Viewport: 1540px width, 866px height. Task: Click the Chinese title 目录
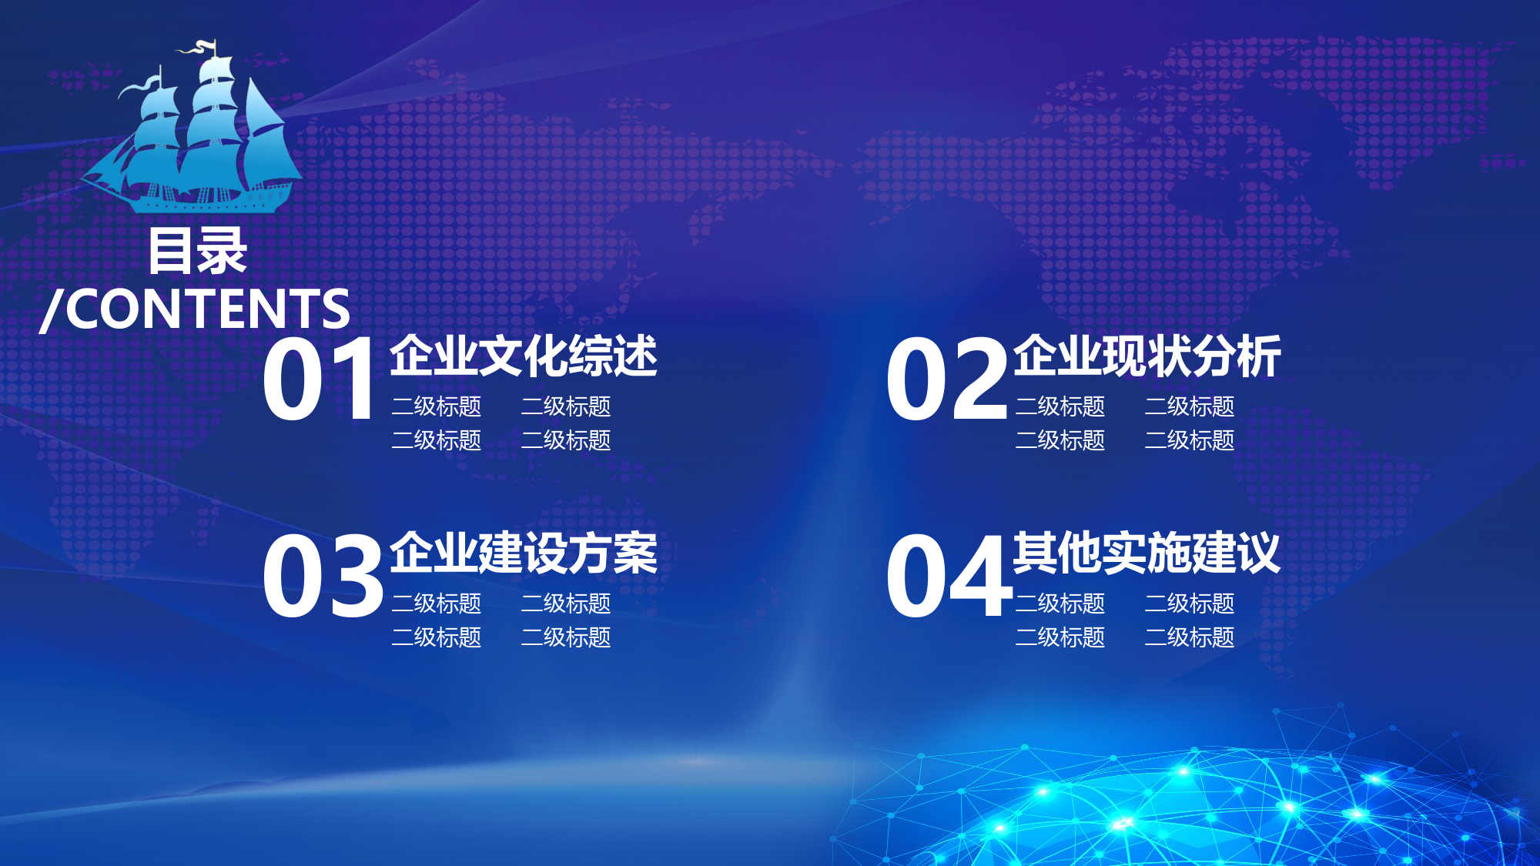pyautogui.click(x=198, y=251)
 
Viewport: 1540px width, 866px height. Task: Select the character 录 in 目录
pyautogui.click(x=223, y=251)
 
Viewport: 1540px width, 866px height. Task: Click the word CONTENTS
pyautogui.click(x=208, y=309)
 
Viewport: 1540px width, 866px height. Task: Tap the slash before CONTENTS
pyautogui.click(x=51, y=310)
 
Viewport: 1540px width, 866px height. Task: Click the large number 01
pyautogui.click(x=319, y=379)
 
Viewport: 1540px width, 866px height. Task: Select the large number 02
pyautogui.click(x=946, y=379)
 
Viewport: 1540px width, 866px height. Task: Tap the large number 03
pyautogui.click(x=323, y=576)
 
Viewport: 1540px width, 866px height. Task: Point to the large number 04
pyautogui.click(x=949, y=576)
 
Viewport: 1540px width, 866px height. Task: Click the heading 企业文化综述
pyautogui.click(x=524, y=356)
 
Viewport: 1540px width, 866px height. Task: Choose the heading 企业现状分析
pyautogui.click(x=1147, y=356)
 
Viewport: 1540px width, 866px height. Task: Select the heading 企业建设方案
pyautogui.click(x=524, y=553)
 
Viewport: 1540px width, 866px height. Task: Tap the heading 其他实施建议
pyautogui.click(x=1147, y=553)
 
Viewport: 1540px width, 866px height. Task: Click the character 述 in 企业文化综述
pyautogui.click(x=636, y=356)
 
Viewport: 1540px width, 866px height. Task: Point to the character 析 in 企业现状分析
pyautogui.click(x=1260, y=356)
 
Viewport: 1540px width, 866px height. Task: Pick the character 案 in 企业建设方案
pyautogui.click(x=636, y=553)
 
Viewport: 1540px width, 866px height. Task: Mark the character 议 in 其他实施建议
pyautogui.click(x=1260, y=553)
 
